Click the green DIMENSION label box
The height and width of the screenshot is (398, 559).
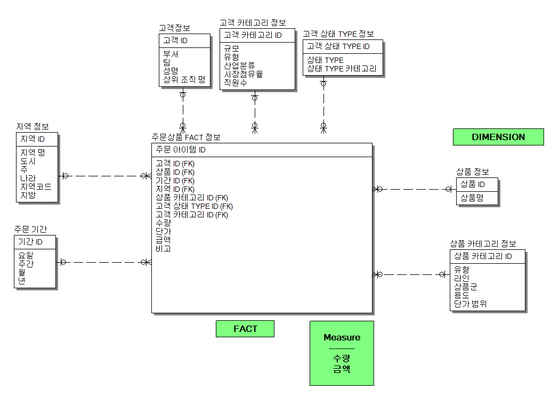click(x=498, y=137)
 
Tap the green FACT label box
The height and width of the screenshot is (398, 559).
click(x=245, y=329)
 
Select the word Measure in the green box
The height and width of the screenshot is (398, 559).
click(x=342, y=337)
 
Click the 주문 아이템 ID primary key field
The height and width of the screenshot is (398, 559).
click(x=181, y=150)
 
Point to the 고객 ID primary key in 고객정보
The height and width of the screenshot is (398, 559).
click(x=175, y=40)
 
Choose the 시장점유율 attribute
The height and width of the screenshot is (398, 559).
click(x=244, y=74)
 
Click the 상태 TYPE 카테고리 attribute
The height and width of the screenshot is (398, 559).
click(x=342, y=69)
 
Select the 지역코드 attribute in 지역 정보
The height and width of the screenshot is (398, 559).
click(x=36, y=187)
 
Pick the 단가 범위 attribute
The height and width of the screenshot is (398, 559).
click(x=471, y=304)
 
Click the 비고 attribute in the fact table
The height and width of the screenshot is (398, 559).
click(x=163, y=248)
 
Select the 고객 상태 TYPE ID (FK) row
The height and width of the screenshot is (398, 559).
click(x=194, y=206)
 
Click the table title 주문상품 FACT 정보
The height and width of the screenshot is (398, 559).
click(x=186, y=137)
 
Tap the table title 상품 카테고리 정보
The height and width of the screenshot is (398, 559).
click(x=483, y=243)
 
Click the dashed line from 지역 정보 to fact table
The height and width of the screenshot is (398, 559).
click(x=104, y=175)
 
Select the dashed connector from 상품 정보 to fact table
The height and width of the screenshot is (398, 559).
click(x=413, y=189)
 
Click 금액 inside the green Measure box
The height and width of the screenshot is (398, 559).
click(x=342, y=369)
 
